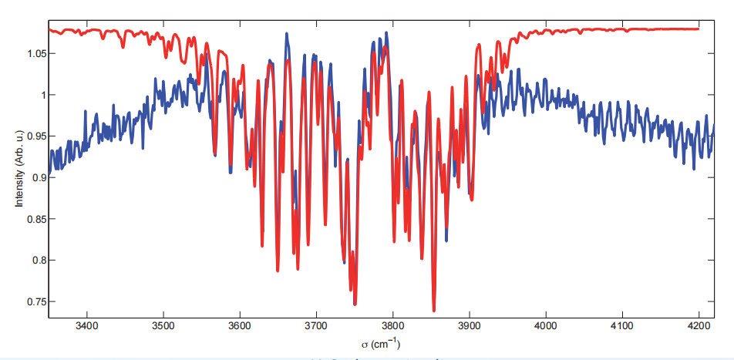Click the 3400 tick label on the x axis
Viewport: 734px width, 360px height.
(x=86, y=326)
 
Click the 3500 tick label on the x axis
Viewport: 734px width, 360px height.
(x=163, y=326)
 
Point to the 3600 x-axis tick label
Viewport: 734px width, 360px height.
(x=240, y=326)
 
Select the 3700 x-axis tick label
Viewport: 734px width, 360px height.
(x=316, y=326)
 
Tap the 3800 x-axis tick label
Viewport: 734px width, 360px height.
(x=393, y=326)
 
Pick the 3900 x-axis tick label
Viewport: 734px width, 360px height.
(x=470, y=326)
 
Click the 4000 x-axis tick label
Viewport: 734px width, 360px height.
(x=546, y=326)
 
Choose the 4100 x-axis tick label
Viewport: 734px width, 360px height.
(x=623, y=326)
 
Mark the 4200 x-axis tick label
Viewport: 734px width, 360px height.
(x=699, y=326)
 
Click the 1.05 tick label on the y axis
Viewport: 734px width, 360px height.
(x=35, y=54)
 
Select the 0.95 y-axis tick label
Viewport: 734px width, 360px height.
(x=35, y=136)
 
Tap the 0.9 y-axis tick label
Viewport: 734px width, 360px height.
(x=38, y=177)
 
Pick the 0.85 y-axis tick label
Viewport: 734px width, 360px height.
(x=35, y=219)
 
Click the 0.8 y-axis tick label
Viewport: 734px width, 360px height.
(x=38, y=260)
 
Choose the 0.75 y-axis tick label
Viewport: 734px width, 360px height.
(x=35, y=301)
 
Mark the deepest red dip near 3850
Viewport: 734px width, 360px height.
(x=434, y=311)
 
